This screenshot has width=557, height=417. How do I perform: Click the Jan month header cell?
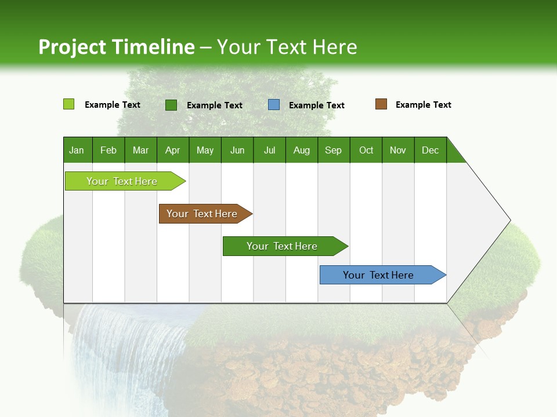tap(77, 150)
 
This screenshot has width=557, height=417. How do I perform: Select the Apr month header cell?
tap(173, 150)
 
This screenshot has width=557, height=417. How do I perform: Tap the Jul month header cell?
tap(269, 150)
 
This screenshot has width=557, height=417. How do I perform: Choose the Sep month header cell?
tap(334, 150)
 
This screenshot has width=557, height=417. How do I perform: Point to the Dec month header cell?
tap(430, 150)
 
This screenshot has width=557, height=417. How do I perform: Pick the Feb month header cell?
tap(108, 150)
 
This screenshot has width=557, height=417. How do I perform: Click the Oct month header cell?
tap(366, 150)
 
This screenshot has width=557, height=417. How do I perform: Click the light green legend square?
tap(68, 104)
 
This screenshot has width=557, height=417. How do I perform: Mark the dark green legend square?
tap(171, 105)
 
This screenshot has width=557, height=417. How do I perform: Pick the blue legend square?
tap(274, 105)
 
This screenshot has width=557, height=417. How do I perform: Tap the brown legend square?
tap(381, 104)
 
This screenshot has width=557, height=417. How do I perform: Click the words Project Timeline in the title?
tap(117, 47)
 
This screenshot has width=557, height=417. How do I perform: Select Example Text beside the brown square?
tap(423, 105)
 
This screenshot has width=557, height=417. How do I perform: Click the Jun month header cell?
tap(237, 150)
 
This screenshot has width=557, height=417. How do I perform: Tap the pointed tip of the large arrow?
tap(509, 220)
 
